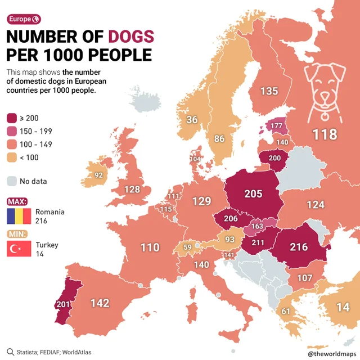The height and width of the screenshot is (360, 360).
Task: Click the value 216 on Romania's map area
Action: click(299, 246)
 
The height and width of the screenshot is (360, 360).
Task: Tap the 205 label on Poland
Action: click(253, 193)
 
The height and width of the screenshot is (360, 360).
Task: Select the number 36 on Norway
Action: click(192, 119)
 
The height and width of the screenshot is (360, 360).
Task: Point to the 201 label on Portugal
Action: click(62, 304)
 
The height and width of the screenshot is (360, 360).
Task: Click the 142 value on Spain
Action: click(100, 303)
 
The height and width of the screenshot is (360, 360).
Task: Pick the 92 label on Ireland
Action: click(98, 175)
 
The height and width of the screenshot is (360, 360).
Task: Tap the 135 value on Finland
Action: click(269, 91)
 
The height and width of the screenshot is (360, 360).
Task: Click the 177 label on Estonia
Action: click(276, 125)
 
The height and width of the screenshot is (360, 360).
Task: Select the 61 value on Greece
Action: click(286, 312)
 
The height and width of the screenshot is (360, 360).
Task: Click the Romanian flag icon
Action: click(19, 217)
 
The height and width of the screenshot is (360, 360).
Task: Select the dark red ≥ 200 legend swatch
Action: click(12, 118)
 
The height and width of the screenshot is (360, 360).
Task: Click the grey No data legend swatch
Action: click(12, 181)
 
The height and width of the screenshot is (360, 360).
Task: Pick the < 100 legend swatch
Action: click(12, 157)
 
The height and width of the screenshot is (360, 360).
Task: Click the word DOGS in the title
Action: click(130, 37)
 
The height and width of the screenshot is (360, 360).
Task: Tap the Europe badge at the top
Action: click(23, 19)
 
